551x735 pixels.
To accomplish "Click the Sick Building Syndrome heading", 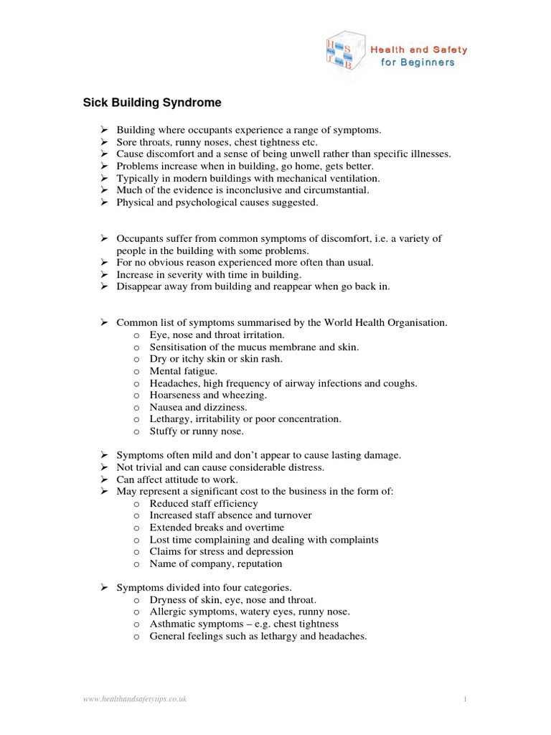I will click(x=152, y=103).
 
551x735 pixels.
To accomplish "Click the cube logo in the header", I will click(x=343, y=55).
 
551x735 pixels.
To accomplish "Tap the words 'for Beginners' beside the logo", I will click(x=417, y=62).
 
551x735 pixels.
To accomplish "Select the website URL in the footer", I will click(x=135, y=698).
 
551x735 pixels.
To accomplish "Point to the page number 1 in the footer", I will click(x=465, y=698).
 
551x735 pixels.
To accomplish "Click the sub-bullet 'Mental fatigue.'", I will click(x=183, y=371).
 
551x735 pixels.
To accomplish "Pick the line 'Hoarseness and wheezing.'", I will click(x=208, y=395).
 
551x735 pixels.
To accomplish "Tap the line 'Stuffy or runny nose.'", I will click(x=197, y=431).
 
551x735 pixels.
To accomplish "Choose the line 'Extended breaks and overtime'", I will click(x=217, y=528).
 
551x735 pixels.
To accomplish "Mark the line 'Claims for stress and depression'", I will click(x=221, y=551).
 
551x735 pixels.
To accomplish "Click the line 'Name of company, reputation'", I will click(x=215, y=563).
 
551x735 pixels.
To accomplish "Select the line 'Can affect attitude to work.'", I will click(x=177, y=479).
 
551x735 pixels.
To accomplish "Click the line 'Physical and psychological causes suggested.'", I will click(x=217, y=202).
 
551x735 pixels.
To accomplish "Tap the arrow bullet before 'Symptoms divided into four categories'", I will click(x=103, y=587).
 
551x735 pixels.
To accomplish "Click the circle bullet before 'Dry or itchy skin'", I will click(x=136, y=359).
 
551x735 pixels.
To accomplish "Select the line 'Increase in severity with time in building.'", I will click(x=209, y=274).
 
